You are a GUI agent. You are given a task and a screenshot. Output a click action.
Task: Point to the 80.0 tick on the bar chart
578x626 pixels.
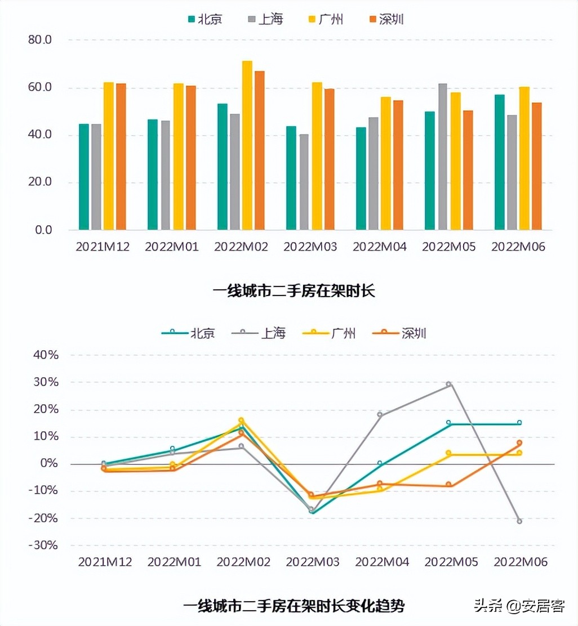pos(39,40)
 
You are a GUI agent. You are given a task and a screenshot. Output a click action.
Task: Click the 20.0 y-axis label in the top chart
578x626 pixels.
pos(39,182)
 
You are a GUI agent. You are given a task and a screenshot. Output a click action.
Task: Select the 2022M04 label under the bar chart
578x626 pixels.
pos(380,247)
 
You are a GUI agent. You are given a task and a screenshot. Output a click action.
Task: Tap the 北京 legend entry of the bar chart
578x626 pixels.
pos(205,19)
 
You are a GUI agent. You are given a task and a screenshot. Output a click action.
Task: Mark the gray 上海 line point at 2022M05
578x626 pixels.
pos(449,384)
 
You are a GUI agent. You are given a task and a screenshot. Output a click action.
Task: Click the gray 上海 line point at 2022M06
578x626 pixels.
pos(519,521)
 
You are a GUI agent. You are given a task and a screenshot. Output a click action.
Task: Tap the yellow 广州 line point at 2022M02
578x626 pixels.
pos(241,420)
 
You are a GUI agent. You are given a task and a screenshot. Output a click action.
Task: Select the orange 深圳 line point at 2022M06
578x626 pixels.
pos(519,443)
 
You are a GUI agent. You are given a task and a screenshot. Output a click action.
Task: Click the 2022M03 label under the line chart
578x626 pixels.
pos(313,562)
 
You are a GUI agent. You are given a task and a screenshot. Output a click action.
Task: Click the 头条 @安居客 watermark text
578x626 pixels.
pos(519,606)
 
